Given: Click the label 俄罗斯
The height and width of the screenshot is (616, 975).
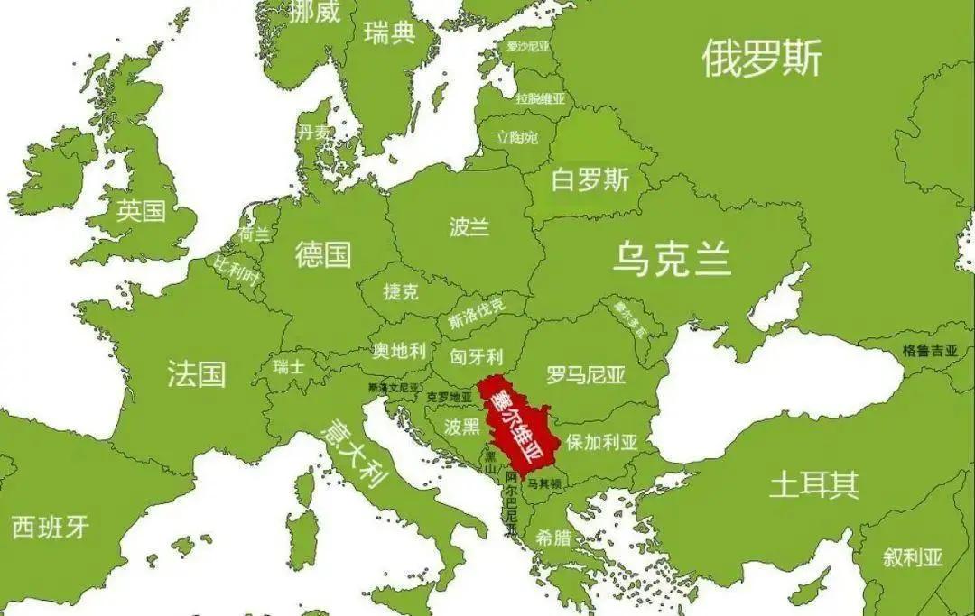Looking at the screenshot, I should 762,60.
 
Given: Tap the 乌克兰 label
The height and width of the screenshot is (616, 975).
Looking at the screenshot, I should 672,259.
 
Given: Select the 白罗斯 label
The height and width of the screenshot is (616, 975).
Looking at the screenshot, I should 590,180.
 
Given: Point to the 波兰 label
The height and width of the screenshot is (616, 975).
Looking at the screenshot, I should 469,226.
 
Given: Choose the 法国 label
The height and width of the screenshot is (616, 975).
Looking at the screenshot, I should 196,372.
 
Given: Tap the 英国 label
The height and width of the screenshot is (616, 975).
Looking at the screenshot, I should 142,211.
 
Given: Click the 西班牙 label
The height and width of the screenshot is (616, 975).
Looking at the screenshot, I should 51,528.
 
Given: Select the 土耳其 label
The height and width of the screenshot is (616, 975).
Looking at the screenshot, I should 813,485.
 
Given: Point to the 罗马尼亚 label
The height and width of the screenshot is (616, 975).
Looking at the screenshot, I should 586,374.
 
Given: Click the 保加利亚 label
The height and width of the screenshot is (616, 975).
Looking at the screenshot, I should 602,443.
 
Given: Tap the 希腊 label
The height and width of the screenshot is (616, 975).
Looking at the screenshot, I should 552,538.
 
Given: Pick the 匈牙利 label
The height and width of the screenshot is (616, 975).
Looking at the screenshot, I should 476,355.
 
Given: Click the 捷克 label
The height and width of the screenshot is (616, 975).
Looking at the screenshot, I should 401,292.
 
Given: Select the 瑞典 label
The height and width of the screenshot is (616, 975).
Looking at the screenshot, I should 389,34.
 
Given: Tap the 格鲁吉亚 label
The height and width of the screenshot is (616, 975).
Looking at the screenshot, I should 930,351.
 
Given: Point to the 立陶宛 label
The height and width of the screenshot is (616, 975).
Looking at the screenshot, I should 516,138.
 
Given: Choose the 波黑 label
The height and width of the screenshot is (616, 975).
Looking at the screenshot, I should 461,426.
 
